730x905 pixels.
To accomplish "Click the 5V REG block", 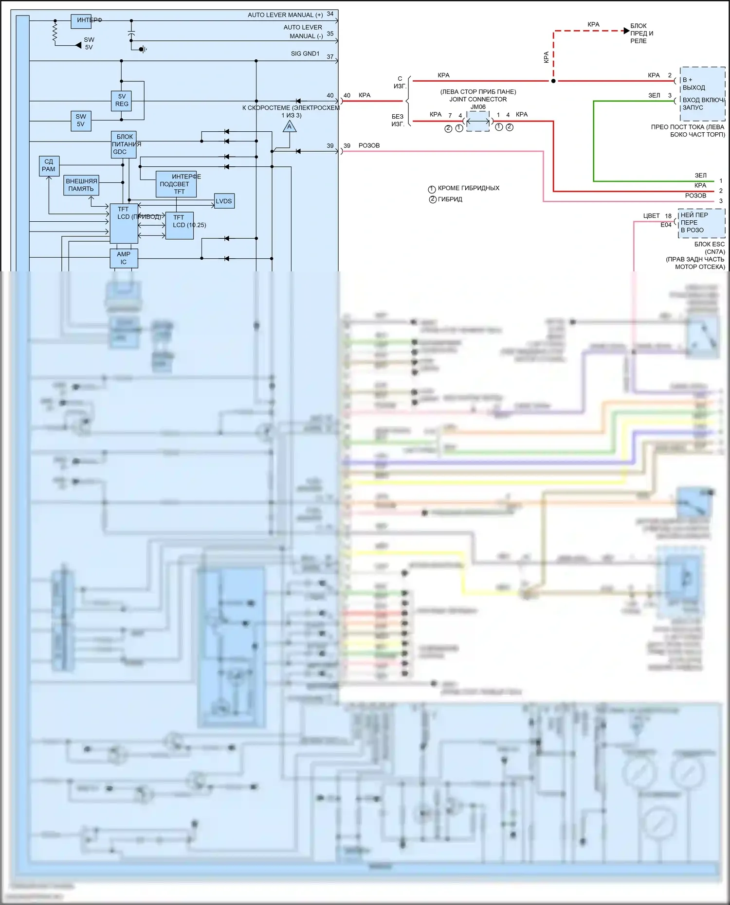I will (x=122, y=101).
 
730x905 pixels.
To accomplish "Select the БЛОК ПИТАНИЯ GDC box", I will (x=124, y=144).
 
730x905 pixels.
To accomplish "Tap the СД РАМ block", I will (x=49, y=165).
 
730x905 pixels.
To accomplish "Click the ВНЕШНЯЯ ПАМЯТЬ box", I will (x=81, y=185).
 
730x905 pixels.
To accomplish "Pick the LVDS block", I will (x=224, y=201).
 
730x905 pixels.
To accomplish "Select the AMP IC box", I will (x=124, y=258).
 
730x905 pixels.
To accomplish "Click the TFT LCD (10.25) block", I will (x=180, y=225).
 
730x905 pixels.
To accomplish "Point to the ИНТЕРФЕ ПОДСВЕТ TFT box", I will (x=176, y=184).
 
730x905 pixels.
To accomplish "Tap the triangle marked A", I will (x=290, y=127).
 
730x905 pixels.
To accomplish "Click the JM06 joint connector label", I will (x=478, y=107).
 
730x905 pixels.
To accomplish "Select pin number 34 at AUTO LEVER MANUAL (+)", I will (x=330, y=14).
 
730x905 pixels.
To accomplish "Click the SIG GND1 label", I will (x=305, y=53).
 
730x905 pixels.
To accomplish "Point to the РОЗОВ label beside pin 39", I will (x=369, y=145).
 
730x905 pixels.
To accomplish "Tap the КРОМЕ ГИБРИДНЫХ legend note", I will (x=468, y=188).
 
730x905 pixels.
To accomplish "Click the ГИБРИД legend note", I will (x=450, y=199).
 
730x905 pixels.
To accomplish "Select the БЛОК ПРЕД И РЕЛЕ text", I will (x=641, y=33).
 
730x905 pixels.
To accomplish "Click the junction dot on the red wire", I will (x=553, y=81).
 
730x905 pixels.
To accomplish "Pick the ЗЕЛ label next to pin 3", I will (x=654, y=95).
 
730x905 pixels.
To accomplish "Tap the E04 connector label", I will (x=666, y=225).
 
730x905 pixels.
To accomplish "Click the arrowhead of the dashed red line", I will (x=626, y=31).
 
